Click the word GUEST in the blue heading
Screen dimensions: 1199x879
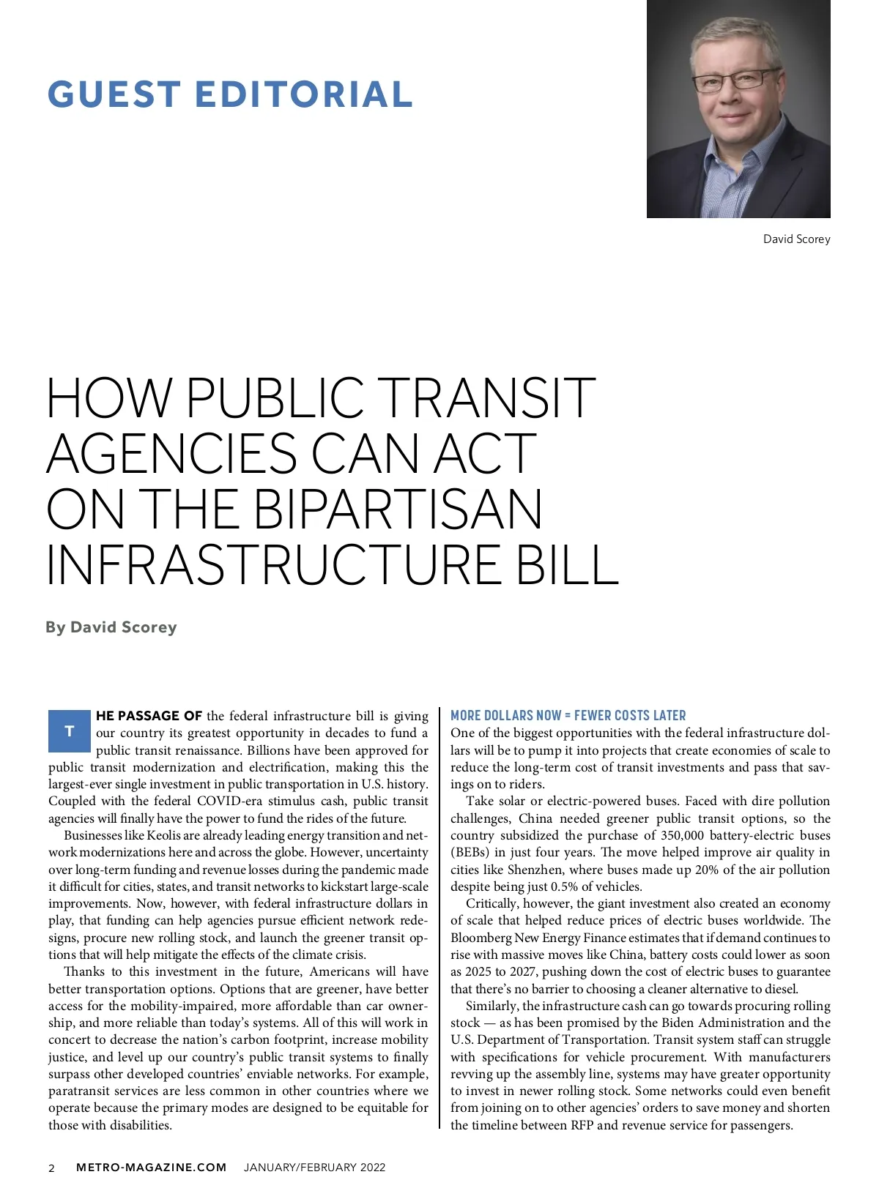pos(114,94)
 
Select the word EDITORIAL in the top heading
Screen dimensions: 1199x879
pos(304,94)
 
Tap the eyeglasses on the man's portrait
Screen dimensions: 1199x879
pos(736,80)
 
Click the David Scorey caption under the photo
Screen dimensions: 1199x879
pos(796,239)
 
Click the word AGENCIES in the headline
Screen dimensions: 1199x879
pos(171,454)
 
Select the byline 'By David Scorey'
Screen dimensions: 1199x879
pos(111,627)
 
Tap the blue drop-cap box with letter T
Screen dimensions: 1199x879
pos(69,731)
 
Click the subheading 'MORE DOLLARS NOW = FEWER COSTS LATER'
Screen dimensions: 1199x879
pos(568,715)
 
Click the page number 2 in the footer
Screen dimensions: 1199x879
pos(51,1168)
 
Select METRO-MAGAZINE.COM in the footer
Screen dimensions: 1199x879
pos(152,1167)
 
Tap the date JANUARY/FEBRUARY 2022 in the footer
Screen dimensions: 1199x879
pos(314,1167)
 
